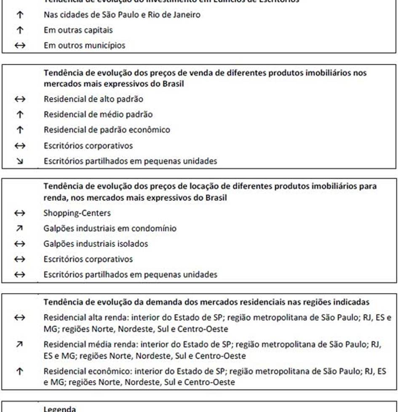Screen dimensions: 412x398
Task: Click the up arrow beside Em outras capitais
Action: [20, 30]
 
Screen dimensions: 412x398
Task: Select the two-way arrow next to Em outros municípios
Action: [20, 45]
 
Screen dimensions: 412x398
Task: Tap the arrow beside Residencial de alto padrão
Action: [20, 99]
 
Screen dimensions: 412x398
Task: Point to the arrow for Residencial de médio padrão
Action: [20, 114]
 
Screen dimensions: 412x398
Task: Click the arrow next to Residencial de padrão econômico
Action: [20, 130]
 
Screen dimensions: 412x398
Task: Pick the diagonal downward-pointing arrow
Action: [20, 161]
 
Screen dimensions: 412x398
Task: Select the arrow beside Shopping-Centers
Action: [20, 213]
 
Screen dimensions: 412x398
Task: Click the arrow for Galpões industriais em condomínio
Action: [20, 228]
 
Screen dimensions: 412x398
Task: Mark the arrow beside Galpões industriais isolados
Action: [20, 244]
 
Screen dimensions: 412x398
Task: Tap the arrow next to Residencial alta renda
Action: [20, 318]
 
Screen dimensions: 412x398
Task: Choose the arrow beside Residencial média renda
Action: [20, 345]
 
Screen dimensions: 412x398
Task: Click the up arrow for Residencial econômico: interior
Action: [20, 372]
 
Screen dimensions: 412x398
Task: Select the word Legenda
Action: [60, 409]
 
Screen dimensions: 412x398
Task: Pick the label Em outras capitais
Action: [78, 30]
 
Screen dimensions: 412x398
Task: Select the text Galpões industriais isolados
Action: [96, 244]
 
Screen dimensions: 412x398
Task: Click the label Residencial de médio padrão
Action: [98, 114]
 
